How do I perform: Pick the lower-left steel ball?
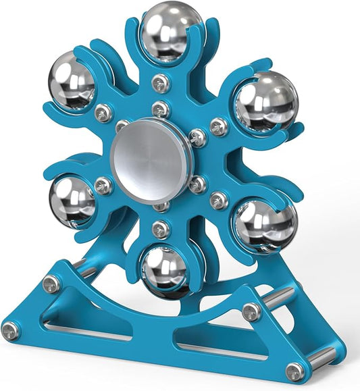72,201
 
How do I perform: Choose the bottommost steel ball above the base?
165,271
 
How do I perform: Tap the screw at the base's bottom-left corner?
10,330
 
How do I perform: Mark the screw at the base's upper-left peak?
50,284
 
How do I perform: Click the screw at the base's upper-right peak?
252,312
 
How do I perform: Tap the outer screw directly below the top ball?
161,83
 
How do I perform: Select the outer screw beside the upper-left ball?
103,112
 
